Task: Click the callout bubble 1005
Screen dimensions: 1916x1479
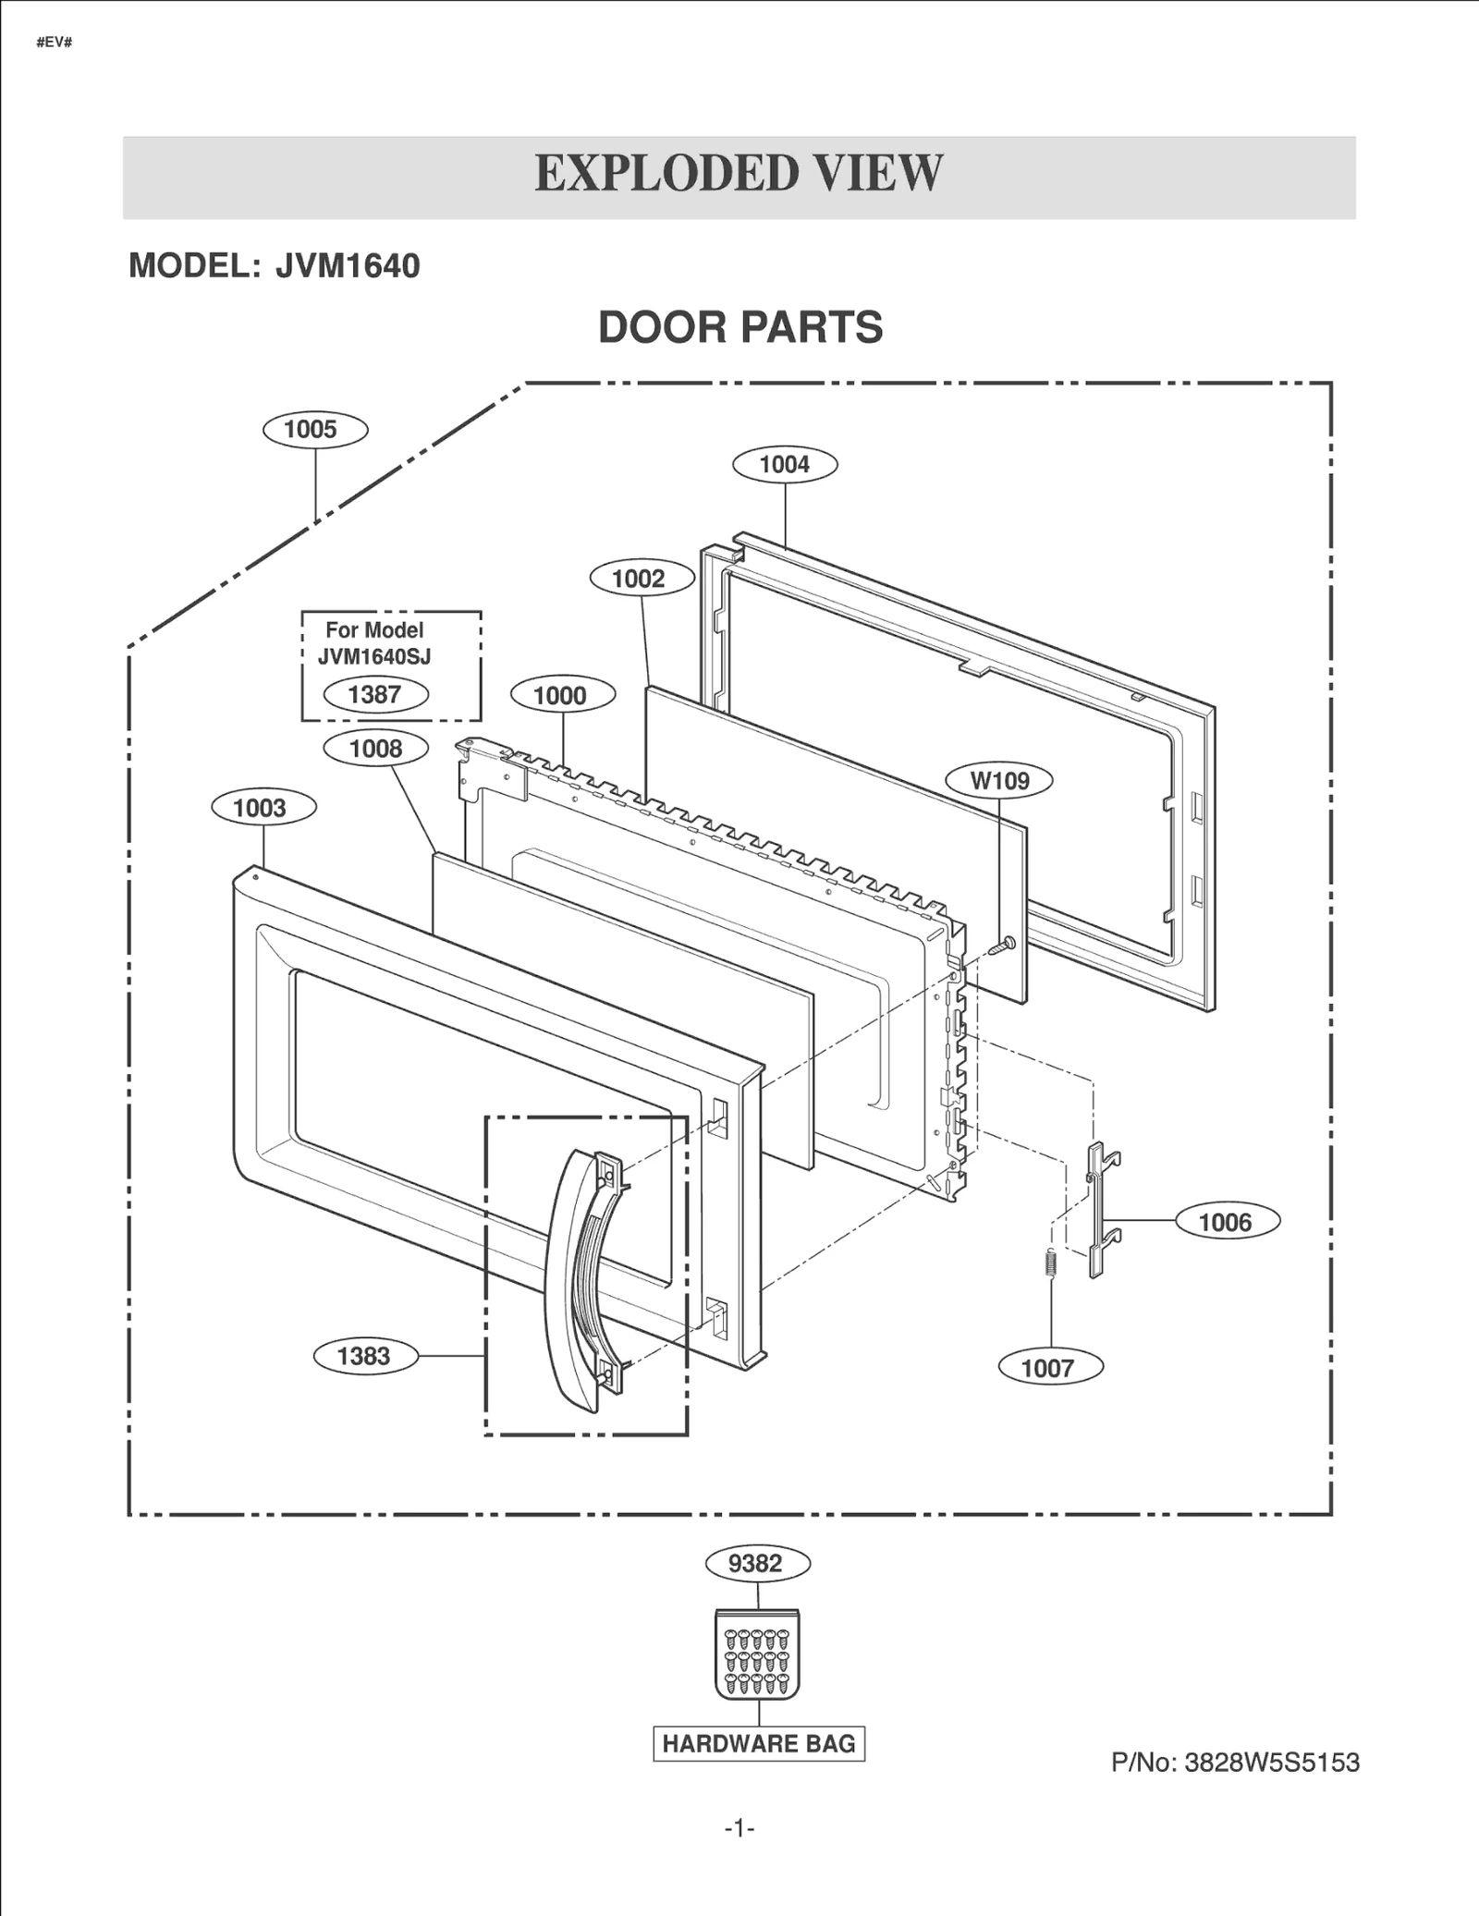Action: [315, 429]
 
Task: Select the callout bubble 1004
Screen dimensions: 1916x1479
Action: [785, 464]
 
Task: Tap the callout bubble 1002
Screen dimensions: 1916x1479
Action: [642, 579]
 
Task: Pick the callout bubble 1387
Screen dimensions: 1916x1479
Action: [375, 694]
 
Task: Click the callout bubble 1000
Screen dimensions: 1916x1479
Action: [562, 695]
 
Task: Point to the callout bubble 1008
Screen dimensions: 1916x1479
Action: [375, 749]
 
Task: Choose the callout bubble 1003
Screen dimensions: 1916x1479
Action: [263, 808]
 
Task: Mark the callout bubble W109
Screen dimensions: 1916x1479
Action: [999, 781]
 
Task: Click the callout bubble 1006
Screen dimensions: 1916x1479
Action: [1227, 1222]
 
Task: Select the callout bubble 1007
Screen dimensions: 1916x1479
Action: [1050, 1367]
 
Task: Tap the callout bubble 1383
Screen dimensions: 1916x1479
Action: [365, 1356]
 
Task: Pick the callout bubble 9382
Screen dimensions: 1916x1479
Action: [757, 1563]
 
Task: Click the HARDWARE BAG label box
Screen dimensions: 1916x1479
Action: [758, 1743]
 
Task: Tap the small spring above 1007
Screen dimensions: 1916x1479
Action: [1050, 1263]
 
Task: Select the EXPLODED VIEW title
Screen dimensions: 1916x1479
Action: [739, 174]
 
